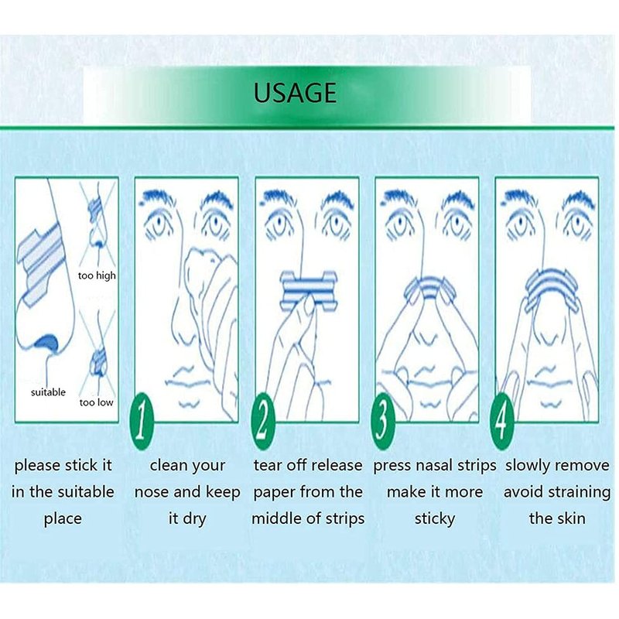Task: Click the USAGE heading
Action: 295,93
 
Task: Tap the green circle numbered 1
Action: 142,422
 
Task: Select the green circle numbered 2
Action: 262,421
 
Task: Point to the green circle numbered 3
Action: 382,421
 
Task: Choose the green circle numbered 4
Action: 501,421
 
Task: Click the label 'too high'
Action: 97,275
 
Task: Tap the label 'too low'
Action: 96,402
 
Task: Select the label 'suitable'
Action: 48,392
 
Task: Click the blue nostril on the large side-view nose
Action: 46,342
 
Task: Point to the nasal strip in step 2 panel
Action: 308,290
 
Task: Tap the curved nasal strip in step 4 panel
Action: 548,283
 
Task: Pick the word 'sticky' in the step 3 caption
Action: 435,518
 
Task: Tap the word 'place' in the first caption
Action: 63,519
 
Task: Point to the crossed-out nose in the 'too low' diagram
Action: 97,355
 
